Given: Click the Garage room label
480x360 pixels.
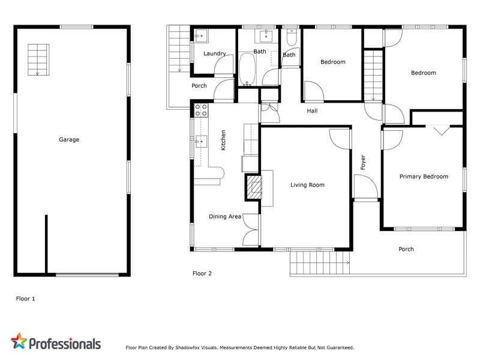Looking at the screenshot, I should [x=68, y=140].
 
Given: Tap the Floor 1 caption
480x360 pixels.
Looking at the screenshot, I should [x=25, y=298].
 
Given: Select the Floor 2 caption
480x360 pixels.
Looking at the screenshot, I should [x=202, y=274].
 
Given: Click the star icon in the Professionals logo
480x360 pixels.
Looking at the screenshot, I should [x=19, y=342].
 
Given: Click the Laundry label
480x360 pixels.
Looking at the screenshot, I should [x=214, y=54].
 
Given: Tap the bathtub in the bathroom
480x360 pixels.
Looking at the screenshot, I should [x=247, y=69].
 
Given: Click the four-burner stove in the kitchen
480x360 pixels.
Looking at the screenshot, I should [x=201, y=110].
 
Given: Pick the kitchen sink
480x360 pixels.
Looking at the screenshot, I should [x=200, y=142].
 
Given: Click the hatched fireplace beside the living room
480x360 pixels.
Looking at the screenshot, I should [x=253, y=187].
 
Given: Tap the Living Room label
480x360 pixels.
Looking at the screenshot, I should [x=307, y=185].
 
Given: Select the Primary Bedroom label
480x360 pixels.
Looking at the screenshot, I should [x=424, y=177].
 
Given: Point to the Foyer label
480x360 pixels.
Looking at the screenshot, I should [x=362, y=162].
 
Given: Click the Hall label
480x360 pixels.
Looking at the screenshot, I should [x=312, y=111].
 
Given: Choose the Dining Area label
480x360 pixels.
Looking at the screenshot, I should [x=225, y=217].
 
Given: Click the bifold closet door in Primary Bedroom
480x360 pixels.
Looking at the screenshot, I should [x=442, y=130].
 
